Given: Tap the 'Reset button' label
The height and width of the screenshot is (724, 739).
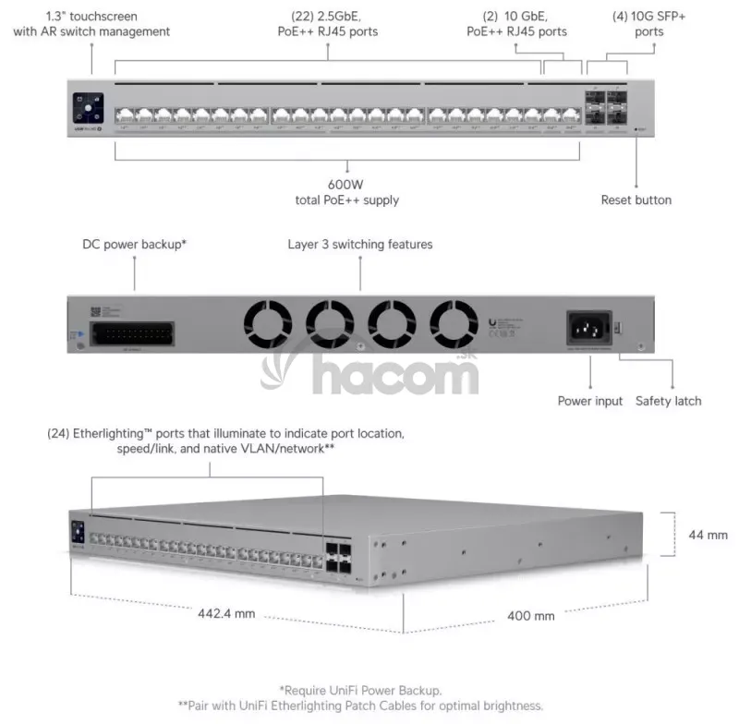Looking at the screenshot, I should pyautogui.click(x=636, y=199).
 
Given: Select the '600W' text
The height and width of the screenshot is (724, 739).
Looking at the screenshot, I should pyautogui.click(x=345, y=184).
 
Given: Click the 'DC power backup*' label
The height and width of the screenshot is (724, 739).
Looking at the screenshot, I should pyautogui.click(x=135, y=245).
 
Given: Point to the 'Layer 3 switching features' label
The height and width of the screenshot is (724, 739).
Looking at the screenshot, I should pyautogui.click(x=360, y=245).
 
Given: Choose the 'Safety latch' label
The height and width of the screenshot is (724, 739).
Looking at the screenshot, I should pyautogui.click(x=668, y=401).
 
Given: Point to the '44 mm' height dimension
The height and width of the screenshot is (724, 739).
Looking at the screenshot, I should pyautogui.click(x=709, y=535).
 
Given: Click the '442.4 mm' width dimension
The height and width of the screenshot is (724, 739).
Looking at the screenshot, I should pyautogui.click(x=225, y=614).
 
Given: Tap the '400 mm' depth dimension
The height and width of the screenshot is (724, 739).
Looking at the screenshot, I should pyautogui.click(x=531, y=615).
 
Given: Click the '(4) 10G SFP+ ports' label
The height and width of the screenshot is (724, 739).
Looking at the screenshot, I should pyautogui.click(x=636, y=24).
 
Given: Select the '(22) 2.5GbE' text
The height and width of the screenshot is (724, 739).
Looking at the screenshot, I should pyautogui.click(x=328, y=16).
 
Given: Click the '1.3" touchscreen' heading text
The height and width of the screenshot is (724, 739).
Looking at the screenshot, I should pyautogui.click(x=91, y=16).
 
